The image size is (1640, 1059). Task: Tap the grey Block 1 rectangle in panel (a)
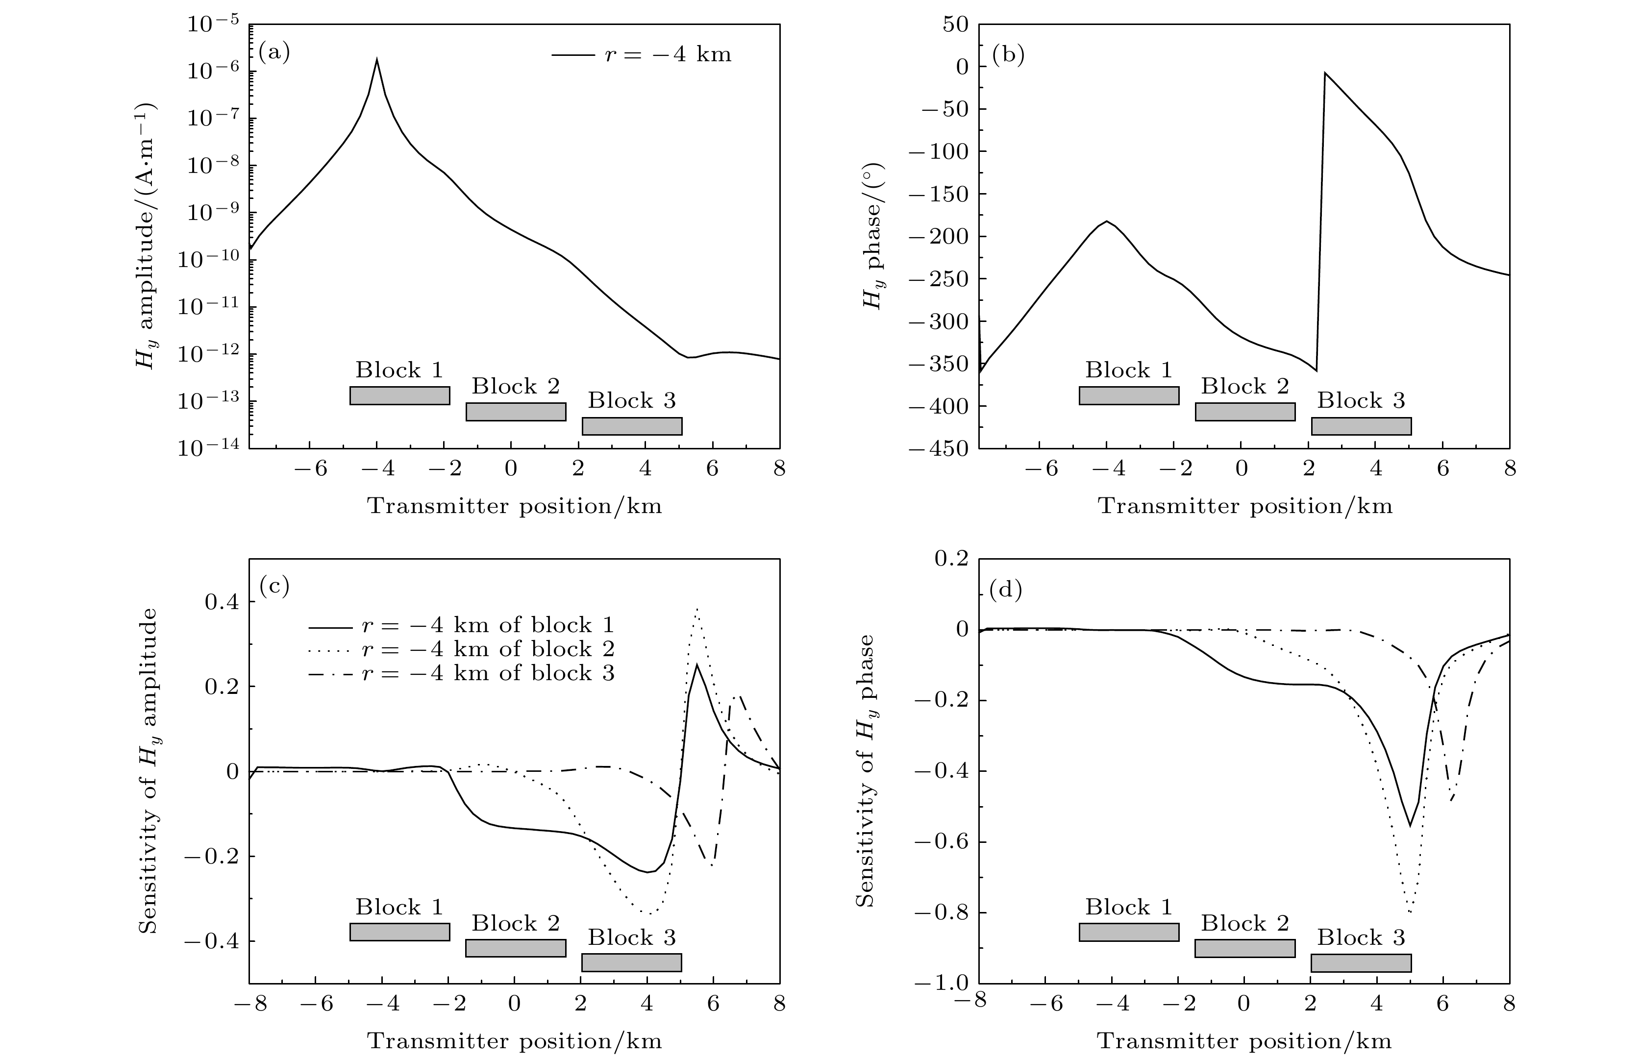(399, 395)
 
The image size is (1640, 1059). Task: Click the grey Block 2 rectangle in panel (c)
(516, 948)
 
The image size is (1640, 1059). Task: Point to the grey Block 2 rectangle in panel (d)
(1244, 948)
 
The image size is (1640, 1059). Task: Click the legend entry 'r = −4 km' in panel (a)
(642, 54)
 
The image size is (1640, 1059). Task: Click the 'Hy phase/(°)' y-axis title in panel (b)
(872, 236)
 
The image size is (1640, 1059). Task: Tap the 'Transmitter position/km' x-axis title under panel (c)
(514, 1040)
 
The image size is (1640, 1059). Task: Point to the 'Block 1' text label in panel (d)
(1128, 907)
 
